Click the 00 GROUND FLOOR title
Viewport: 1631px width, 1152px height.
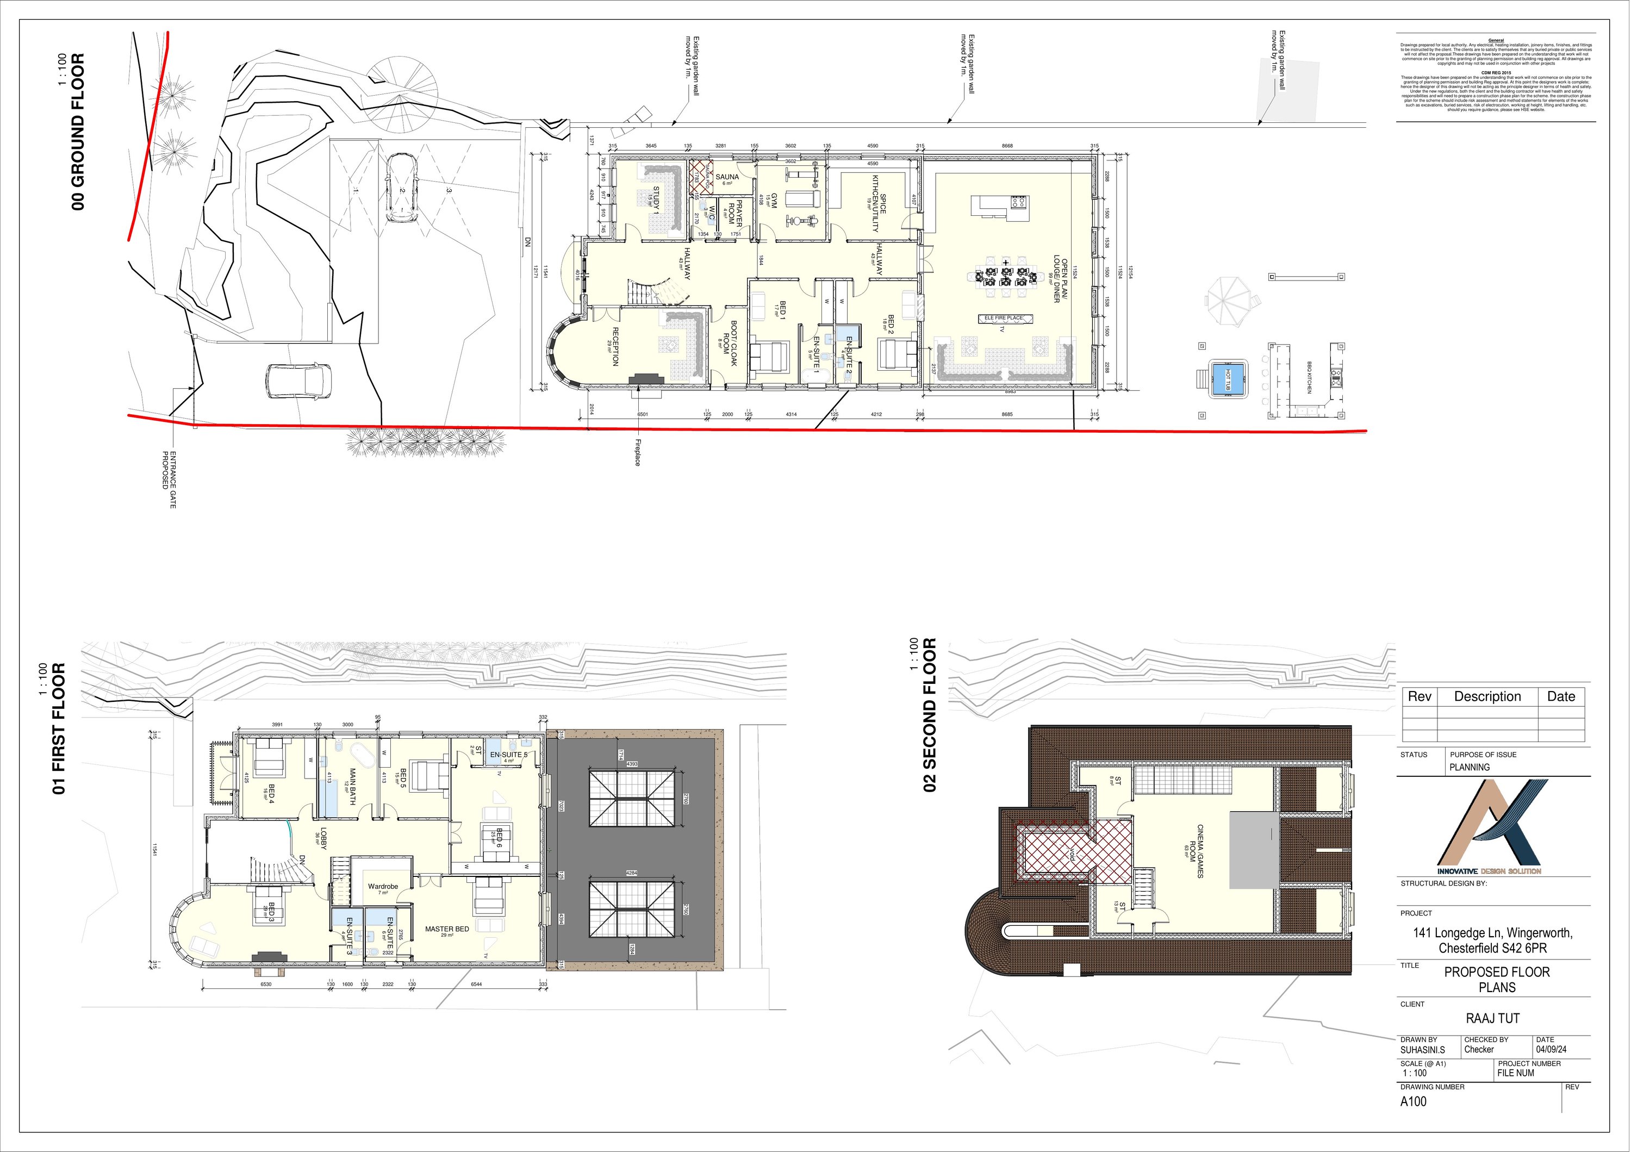pos(78,132)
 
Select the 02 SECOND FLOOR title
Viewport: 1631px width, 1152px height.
pos(930,714)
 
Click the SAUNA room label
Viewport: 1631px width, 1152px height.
pos(727,178)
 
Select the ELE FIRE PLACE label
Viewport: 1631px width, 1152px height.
pos(1004,318)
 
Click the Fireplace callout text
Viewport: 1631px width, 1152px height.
pos(637,452)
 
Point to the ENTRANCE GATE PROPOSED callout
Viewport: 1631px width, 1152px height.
pos(169,480)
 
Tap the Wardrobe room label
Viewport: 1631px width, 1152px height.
pos(383,886)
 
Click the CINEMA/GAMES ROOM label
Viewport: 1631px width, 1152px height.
pos(1196,851)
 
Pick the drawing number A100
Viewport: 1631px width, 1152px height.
pos(1413,1101)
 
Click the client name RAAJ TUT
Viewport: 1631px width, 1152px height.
pos(1492,1018)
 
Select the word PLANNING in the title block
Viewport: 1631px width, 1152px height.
pos(1469,767)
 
